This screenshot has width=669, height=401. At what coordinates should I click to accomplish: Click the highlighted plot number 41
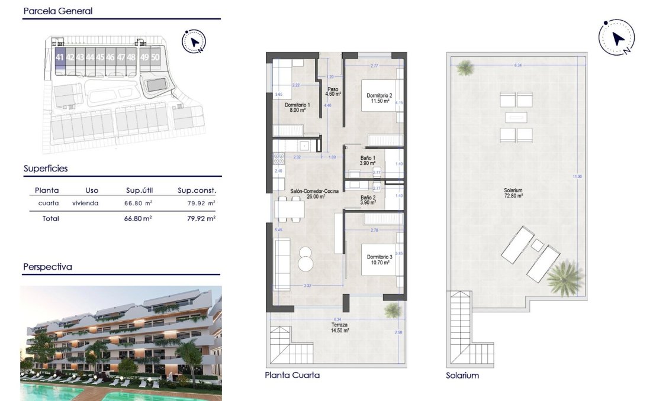tap(59, 57)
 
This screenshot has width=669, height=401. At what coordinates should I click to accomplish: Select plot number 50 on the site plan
tap(155, 57)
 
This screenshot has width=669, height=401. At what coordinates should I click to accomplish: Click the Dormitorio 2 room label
tap(379, 98)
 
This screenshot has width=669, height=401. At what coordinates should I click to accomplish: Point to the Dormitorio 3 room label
tap(379, 260)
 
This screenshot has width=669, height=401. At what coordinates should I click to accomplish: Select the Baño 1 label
tap(368, 160)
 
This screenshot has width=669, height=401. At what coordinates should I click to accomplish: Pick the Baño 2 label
tap(368, 200)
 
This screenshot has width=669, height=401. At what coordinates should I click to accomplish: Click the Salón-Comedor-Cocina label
tap(308, 194)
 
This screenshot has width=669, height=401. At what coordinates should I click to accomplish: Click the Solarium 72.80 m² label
tap(513, 192)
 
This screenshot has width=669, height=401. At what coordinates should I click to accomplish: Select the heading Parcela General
tap(58, 11)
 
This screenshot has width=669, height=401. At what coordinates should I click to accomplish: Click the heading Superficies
tap(46, 169)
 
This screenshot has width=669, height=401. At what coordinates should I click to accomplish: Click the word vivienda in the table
tap(85, 203)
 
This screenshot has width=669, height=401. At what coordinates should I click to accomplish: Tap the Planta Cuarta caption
tap(292, 376)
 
